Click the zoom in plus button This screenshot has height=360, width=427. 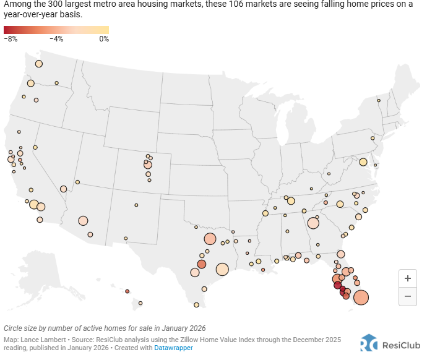point(407,278)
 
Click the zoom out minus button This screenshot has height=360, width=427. point(407,296)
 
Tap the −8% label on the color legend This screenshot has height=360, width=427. point(11,39)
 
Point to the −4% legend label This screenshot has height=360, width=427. point(56,39)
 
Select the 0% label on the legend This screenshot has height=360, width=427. point(103,39)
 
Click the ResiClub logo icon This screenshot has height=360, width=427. point(369,343)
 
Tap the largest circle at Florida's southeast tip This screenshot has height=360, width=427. point(360,298)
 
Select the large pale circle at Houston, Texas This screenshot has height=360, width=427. point(222,269)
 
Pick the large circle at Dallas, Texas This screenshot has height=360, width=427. point(209,239)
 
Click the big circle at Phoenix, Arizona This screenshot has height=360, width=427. point(83,220)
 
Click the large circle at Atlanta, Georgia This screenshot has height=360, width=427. point(313,223)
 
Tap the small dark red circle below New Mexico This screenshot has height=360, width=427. point(127,291)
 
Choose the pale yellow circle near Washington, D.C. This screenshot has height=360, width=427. point(363,162)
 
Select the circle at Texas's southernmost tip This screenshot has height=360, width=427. point(196,304)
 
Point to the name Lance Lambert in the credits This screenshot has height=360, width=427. point(41,340)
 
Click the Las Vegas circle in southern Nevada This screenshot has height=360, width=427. point(63,189)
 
